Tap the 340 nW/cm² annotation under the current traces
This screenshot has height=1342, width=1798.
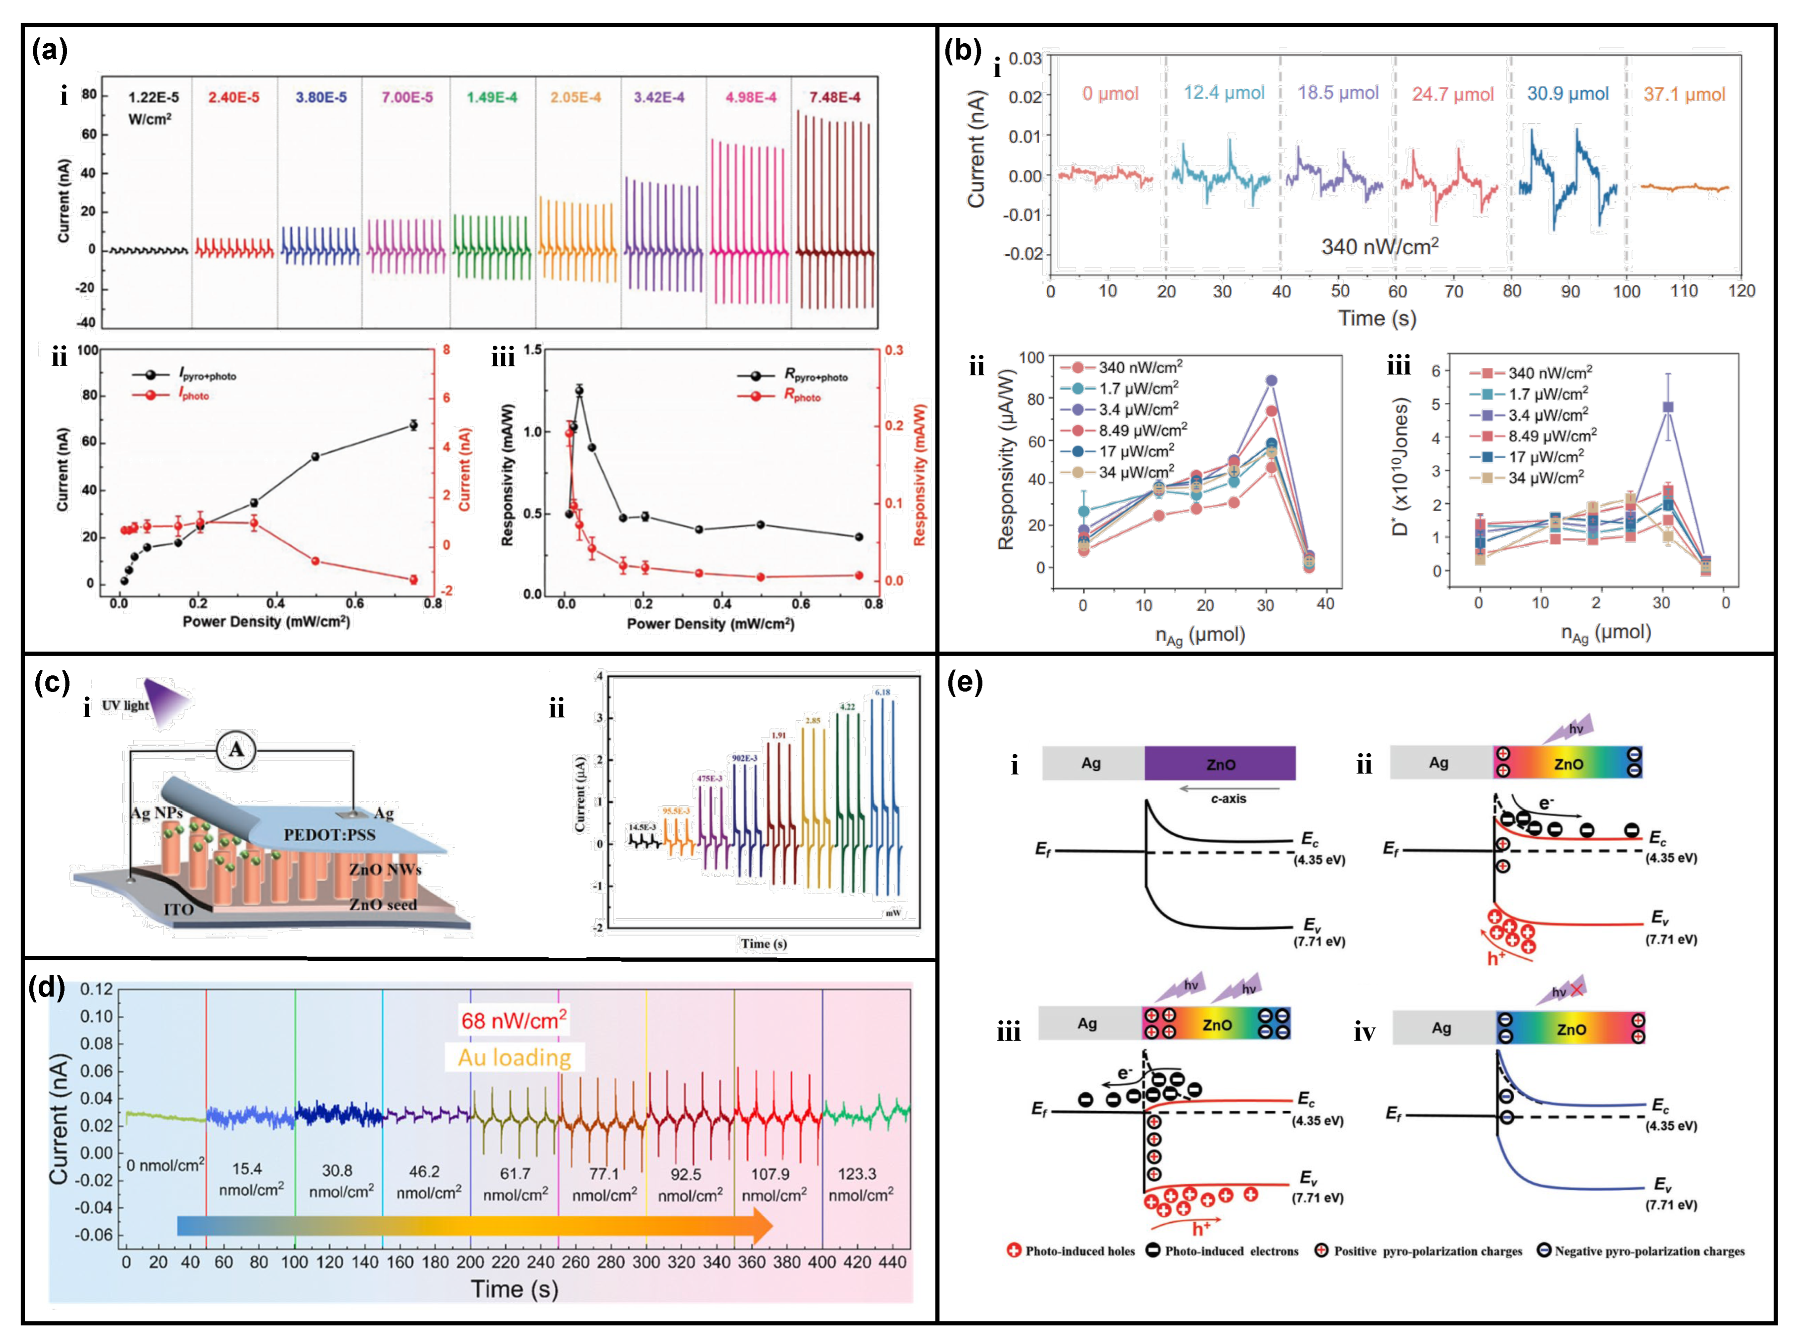pyautogui.click(x=1380, y=246)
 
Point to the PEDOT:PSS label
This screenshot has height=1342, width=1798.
pyautogui.click(x=329, y=835)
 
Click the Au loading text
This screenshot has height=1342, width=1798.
pyautogui.click(x=514, y=1057)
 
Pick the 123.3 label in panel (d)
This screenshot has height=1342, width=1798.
pyautogui.click(x=857, y=1174)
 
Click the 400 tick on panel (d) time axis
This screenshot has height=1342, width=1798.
pyautogui.click(x=822, y=1263)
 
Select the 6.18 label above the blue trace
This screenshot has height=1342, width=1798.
pyautogui.click(x=882, y=692)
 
